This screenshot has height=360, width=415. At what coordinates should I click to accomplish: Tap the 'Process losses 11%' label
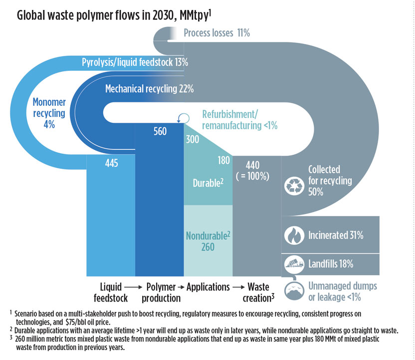pos(216,33)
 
